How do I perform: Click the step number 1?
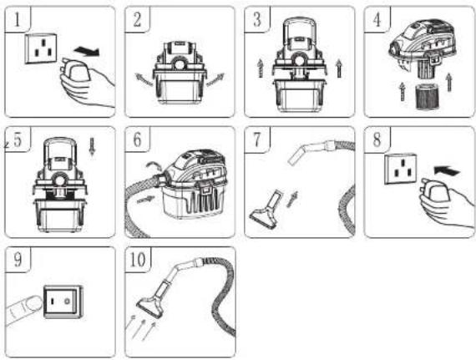(x=18, y=20)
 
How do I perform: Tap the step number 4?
(x=377, y=20)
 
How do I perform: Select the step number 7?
(x=257, y=139)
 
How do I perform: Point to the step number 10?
(x=138, y=260)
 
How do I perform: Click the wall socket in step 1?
(x=41, y=48)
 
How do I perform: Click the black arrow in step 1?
(x=87, y=51)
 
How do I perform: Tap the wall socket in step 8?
(x=400, y=169)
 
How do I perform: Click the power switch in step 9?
(x=63, y=302)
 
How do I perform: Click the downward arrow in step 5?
(x=93, y=147)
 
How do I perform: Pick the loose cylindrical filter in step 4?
(x=427, y=97)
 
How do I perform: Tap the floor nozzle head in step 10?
(x=151, y=307)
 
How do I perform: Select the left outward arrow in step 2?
(x=144, y=80)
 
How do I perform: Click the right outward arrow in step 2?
(x=215, y=79)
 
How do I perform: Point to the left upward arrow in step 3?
(x=261, y=68)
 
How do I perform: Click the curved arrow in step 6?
(x=154, y=165)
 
